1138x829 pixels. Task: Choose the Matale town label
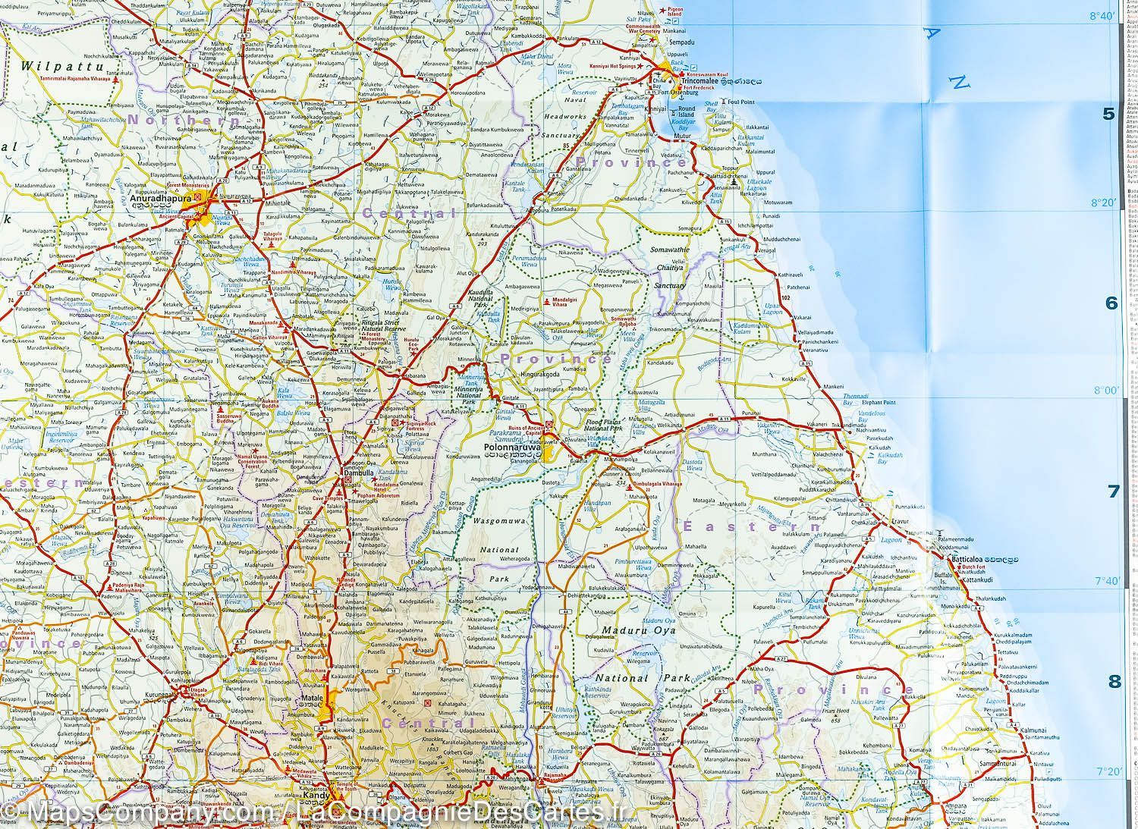313,696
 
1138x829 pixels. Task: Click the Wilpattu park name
49,66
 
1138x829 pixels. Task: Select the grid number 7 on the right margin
1113,491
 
